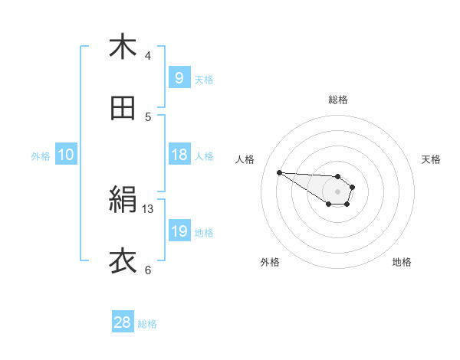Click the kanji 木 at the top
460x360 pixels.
123,47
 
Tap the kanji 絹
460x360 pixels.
123,201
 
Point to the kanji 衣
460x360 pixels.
123,261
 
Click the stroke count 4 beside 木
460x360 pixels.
148,55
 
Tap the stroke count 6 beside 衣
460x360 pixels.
148,270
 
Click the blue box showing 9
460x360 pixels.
179,77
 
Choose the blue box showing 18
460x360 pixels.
179,155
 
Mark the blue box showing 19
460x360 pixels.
179,231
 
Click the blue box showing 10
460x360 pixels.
66,155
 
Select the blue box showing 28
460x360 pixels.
123,322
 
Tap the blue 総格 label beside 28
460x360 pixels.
147,324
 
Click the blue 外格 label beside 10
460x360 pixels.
41,156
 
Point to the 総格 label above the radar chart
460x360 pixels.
337,100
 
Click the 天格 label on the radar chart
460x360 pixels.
431,159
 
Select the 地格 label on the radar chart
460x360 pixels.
402,262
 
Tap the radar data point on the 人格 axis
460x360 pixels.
279,172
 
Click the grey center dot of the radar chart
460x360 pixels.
337,191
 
